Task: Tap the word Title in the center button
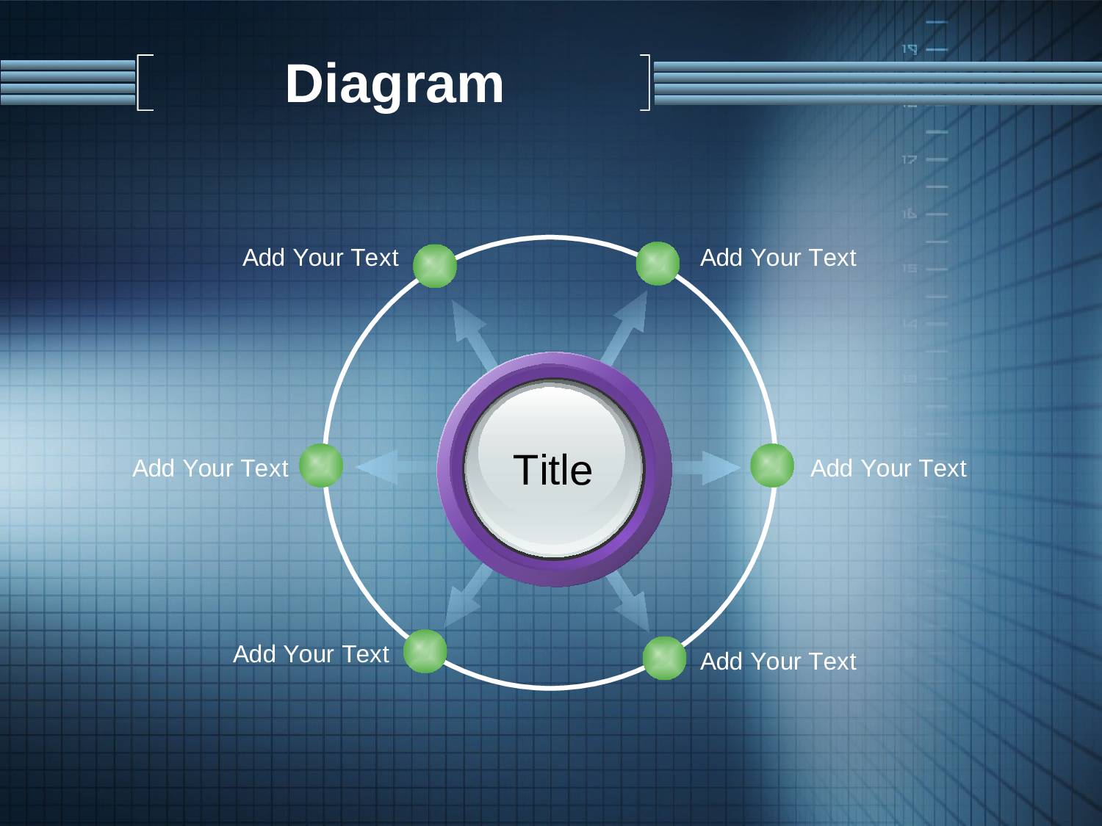coord(552,470)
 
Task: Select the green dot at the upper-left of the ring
coord(435,266)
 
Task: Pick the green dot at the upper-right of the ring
coord(658,264)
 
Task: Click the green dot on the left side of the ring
coord(321,465)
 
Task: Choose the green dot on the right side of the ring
coord(772,465)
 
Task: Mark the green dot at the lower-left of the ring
coord(425,651)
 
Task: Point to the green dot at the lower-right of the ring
coord(664,658)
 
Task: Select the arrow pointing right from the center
coord(706,468)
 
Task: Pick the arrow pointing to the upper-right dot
coord(624,328)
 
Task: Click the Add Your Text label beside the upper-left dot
coord(320,258)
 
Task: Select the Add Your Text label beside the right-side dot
coord(888,468)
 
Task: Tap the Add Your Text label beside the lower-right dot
coord(778,662)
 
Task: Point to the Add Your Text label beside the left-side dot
coord(210,468)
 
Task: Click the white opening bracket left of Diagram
coord(138,82)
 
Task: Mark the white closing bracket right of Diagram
coord(649,82)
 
